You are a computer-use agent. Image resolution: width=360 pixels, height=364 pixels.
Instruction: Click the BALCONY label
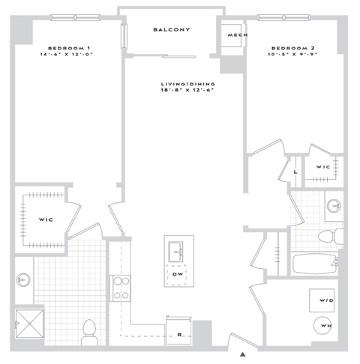point(172,30)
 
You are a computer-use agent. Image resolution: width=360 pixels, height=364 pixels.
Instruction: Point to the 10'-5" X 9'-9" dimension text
point(293,55)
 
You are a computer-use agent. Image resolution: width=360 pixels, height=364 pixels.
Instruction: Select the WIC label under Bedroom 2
point(323,167)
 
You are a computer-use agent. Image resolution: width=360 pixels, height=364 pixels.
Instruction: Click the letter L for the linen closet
point(297,172)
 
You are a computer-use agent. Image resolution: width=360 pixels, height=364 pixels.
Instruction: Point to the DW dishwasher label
point(177,274)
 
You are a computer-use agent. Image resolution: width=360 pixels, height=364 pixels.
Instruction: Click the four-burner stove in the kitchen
point(121,288)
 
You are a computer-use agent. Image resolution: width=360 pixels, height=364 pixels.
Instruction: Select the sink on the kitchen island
point(177,249)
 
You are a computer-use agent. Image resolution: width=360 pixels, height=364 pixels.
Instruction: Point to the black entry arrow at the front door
point(242,354)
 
